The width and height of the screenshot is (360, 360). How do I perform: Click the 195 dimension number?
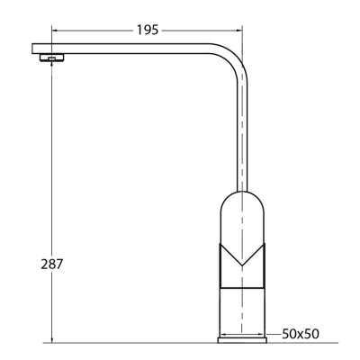148,30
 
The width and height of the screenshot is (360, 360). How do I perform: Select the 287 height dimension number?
52,264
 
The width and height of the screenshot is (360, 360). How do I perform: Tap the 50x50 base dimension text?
301,334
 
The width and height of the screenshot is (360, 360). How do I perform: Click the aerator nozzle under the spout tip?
51,58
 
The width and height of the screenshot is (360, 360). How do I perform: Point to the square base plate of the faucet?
242,340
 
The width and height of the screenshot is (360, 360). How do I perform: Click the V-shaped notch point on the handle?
242,265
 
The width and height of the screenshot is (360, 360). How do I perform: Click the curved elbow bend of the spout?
232,57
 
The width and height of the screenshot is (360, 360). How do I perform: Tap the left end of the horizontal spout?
32,49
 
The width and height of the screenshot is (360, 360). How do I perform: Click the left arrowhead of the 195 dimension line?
55,30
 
